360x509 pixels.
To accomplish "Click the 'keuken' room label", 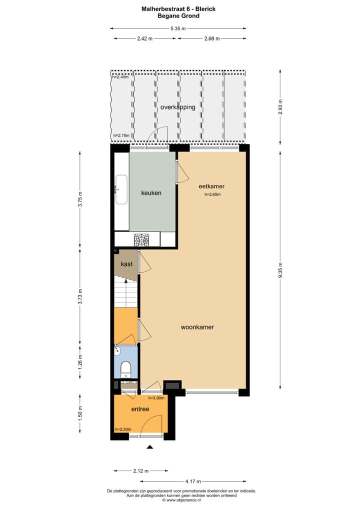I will pos(151,192).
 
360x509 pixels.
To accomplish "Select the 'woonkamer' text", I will pos(197,327).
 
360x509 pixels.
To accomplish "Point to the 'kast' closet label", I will pos(126,263).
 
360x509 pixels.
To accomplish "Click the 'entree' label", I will pos(140,409).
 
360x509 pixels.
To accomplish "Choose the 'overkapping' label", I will pos(177,107).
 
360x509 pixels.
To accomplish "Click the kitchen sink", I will pos(121,189).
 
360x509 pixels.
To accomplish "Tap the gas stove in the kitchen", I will pos(142,240).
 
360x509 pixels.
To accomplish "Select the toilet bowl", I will pos(126,369).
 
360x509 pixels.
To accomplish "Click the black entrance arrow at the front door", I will pos(149,447).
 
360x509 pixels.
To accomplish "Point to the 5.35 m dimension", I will pos(177,28).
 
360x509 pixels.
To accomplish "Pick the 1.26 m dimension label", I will pos(80,360).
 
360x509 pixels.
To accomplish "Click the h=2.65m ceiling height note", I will pos(212,195).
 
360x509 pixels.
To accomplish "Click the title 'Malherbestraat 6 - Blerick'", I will pos(178,8).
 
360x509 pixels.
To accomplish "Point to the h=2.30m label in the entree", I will pos(123,429).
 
